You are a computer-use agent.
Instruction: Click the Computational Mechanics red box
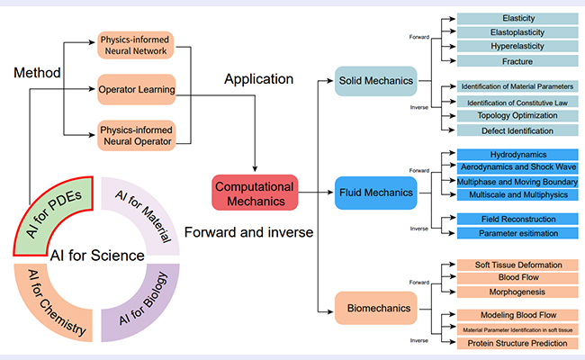pos(255,193)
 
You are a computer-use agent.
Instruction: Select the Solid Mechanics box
pos(375,81)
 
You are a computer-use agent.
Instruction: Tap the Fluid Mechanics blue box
pos(375,193)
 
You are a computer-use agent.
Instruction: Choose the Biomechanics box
pos(375,308)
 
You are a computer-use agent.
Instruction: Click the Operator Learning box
pos(136,89)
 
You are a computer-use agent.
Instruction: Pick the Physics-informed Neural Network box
pos(136,45)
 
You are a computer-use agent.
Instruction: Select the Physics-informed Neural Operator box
pos(137,135)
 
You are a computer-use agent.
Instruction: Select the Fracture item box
pos(517,61)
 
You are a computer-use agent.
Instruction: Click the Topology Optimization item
pos(517,115)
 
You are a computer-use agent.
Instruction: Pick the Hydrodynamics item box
pos(517,155)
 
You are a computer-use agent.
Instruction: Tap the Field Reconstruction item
pos(517,219)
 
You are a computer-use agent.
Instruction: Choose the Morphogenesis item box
pos(517,292)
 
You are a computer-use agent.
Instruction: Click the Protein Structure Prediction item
pos(517,343)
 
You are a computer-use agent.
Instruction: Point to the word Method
pos(37,73)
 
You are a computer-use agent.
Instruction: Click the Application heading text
pos(258,79)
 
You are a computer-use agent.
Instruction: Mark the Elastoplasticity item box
pos(517,32)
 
